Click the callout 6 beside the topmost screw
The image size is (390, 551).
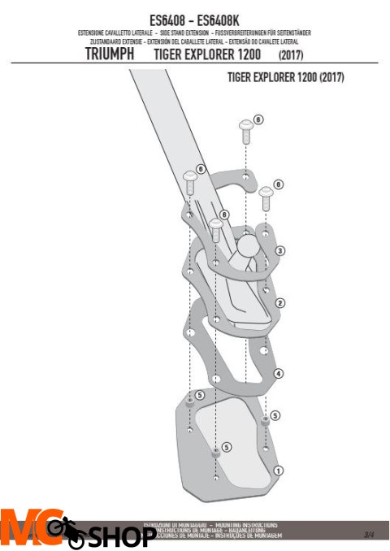click(x=258, y=119)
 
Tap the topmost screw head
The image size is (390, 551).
click(x=245, y=125)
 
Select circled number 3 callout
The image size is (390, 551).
click(x=279, y=250)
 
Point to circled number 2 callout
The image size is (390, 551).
click(x=279, y=302)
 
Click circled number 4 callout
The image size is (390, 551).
click(x=278, y=374)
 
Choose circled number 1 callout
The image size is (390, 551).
click(x=279, y=470)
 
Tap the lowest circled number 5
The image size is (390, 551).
click(x=226, y=446)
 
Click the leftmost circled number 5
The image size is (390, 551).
click(x=199, y=395)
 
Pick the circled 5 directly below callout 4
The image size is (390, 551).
click(x=275, y=415)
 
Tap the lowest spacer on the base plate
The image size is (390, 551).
click(x=216, y=453)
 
